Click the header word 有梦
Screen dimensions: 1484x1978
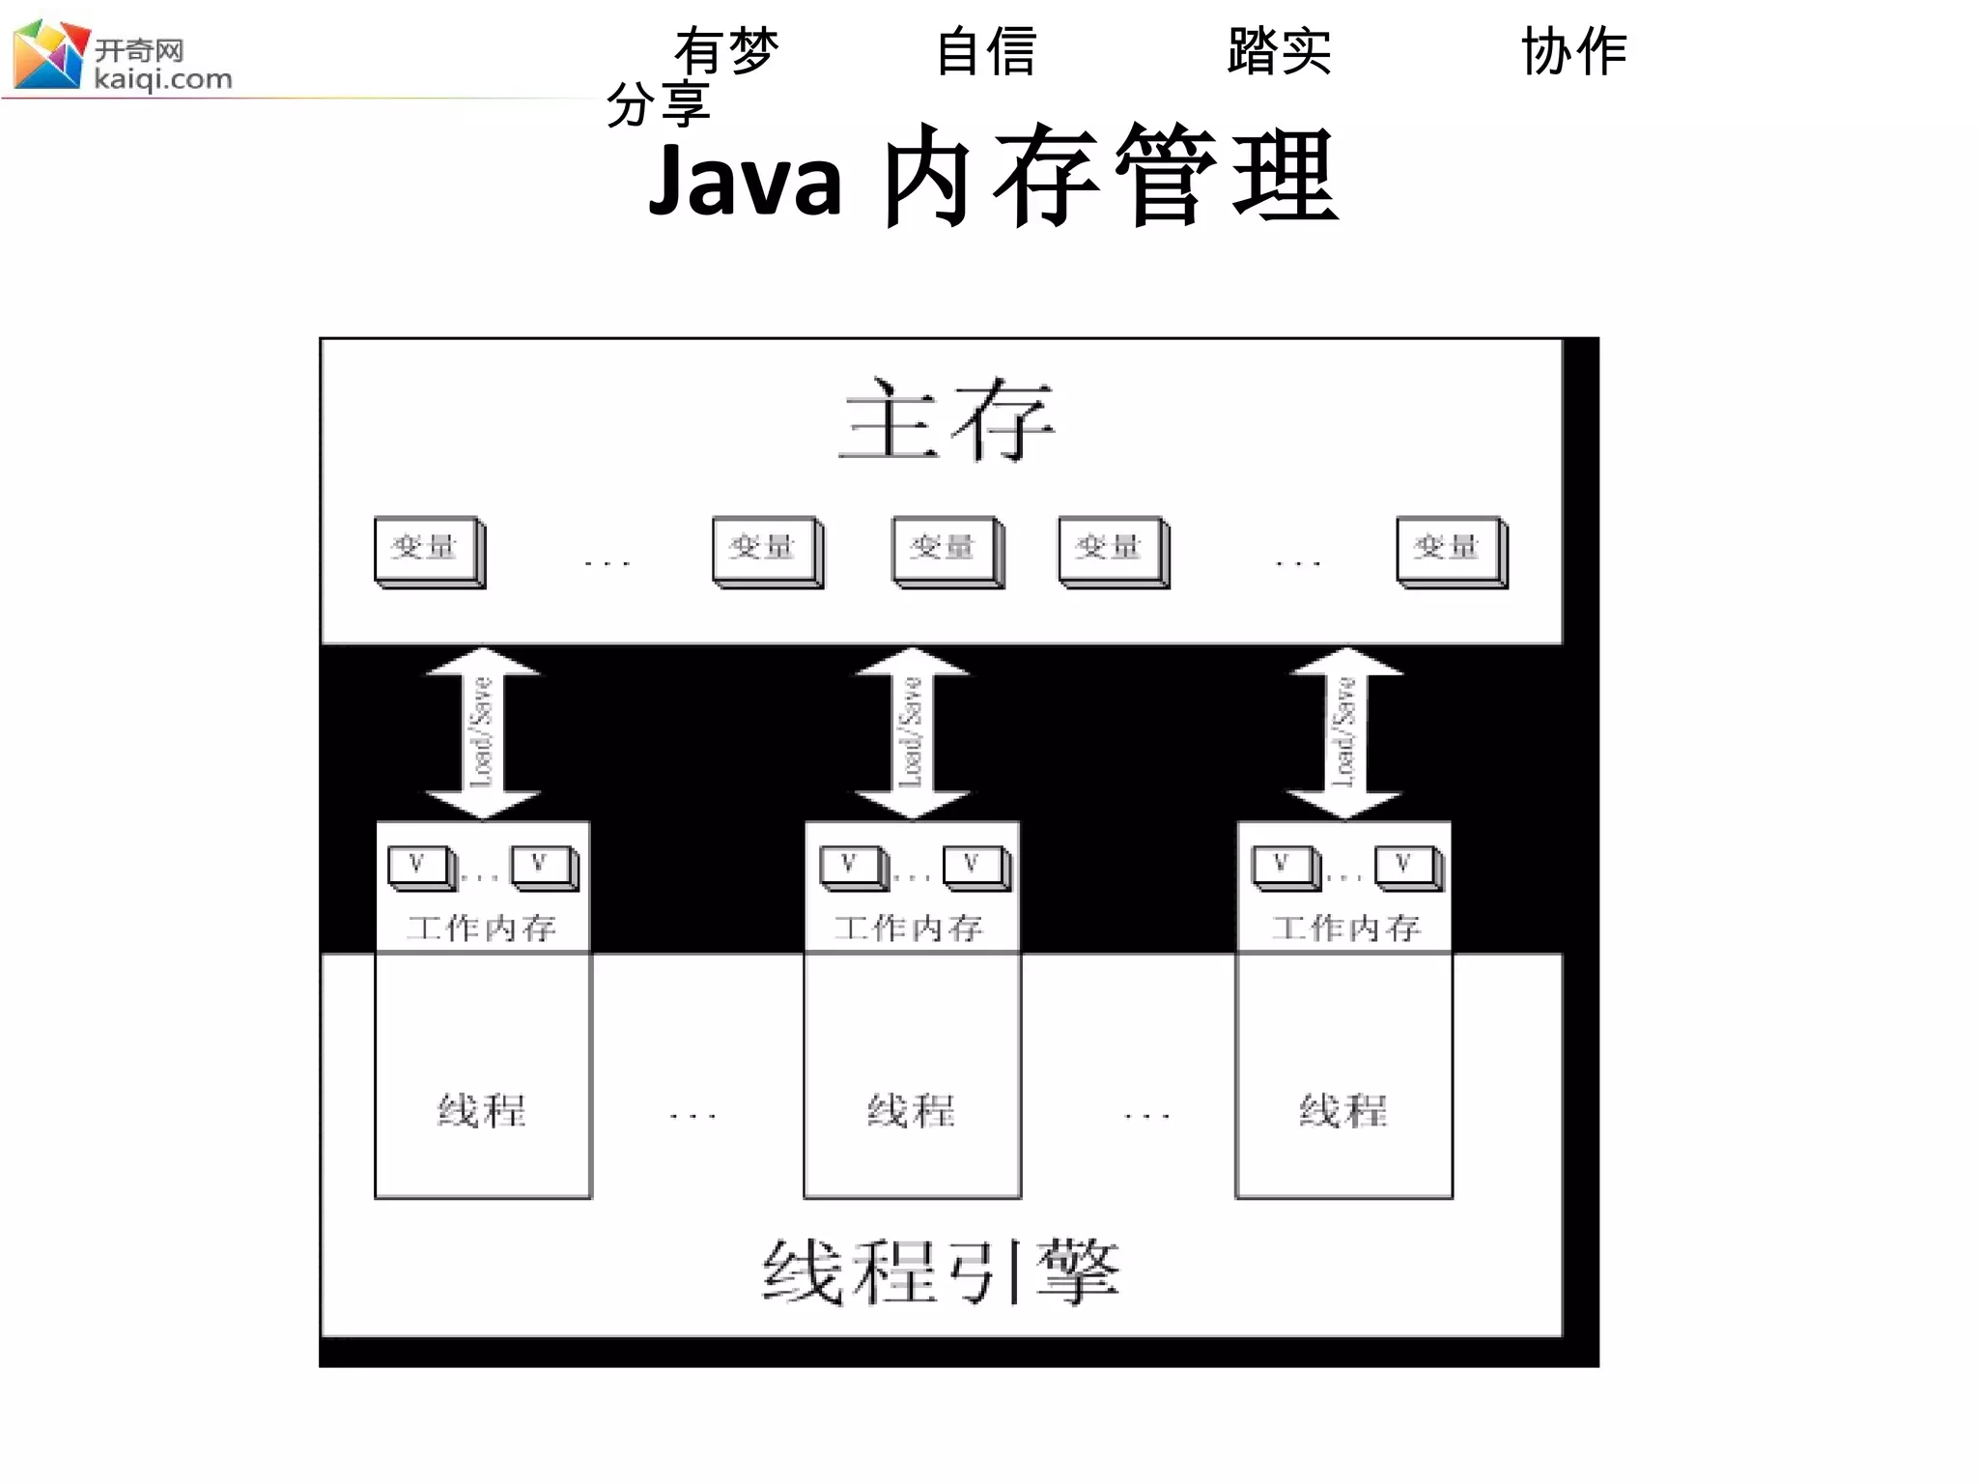pyautogui.click(x=726, y=50)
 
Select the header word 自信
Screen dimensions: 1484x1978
pyautogui.click(x=986, y=50)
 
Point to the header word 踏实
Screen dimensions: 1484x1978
pyautogui.click(x=1279, y=50)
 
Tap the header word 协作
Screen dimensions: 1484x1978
pyautogui.click(x=1573, y=50)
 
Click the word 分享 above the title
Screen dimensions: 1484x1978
pyautogui.click(x=658, y=104)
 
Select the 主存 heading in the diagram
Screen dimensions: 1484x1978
pyautogui.click(x=946, y=419)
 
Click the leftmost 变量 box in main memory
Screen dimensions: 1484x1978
pyautogui.click(x=429, y=551)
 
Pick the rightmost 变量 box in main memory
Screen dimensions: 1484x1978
pyautogui.click(x=1451, y=551)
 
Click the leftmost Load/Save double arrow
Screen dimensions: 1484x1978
pyautogui.click(x=482, y=732)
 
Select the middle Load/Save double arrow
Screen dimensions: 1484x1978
pyautogui.click(x=912, y=732)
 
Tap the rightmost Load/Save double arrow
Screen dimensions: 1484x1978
pyautogui.click(x=1343, y=732)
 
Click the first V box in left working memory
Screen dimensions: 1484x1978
pyautogui.click(x=420, y=866)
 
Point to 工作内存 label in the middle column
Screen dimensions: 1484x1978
pyautogui.click(x=909, y=928)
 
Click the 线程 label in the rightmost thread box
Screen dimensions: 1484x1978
pyautogui.click(x=1342, y=1111)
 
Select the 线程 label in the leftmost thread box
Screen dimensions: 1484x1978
pyautogui.click(x=482, y=1111)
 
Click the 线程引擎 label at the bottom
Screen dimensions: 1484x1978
pyautogui.click(x=941, y=1272)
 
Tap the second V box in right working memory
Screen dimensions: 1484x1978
pyautogui.click(x=1407, y=866)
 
